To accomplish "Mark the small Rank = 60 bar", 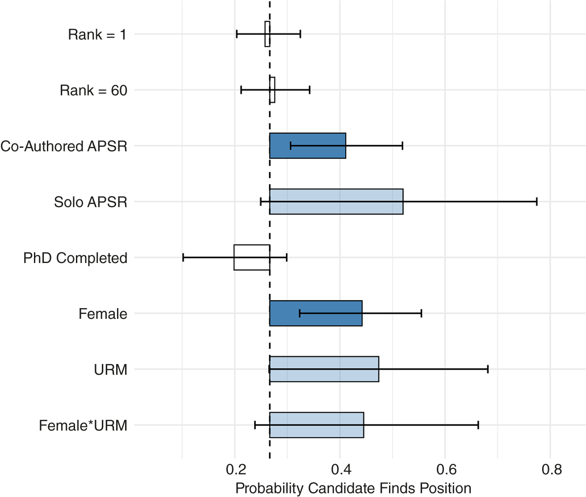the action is (272, 90).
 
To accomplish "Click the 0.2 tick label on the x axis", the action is (236, 469).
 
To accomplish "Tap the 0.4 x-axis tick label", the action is (341, 469).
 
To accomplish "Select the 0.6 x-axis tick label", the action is (446, 469).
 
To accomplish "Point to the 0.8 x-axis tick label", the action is (552, 469).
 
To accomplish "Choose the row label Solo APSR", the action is (90, 202).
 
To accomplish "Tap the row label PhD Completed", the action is (75, 258).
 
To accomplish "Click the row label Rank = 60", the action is (93, 91).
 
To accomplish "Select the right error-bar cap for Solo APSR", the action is (537, 202).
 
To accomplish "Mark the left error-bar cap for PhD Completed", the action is (183, 257).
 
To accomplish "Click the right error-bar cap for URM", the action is (488, 369).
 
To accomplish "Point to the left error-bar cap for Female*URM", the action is (255, 425).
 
